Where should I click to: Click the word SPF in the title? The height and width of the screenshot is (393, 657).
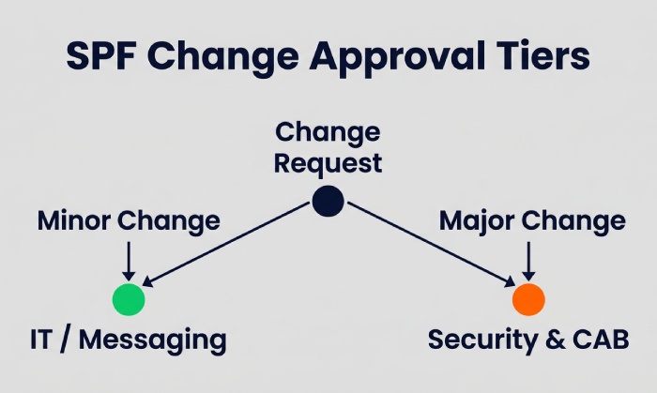tap(101, 55)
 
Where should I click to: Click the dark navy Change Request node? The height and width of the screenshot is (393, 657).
tap(328, 201)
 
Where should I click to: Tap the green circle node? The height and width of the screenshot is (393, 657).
tap(129, 299)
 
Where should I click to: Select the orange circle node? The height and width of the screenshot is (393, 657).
tap(528, 299)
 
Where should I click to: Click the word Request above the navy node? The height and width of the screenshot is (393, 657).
tap(328, 163)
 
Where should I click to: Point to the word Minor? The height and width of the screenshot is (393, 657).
tap(74, 220)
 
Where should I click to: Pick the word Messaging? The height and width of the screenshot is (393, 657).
tap(153, 340)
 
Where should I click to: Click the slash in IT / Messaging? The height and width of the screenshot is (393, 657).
tap(66, 340)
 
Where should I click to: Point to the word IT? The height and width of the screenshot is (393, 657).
tap(40, 340)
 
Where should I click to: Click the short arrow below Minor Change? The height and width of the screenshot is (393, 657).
tap(129, 261)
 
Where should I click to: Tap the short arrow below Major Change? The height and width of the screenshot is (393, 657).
tap(528, 261)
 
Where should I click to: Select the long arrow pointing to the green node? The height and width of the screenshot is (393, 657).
tap(226, 245)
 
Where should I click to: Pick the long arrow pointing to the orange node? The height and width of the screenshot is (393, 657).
tap(432, 245)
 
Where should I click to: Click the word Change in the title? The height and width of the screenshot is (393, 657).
tap(222, 55)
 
